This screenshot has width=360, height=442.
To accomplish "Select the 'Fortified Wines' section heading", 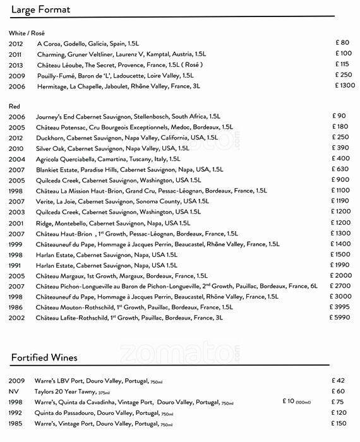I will click(x=44, y=358).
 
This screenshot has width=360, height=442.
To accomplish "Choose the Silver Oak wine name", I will click(x=53, y=148).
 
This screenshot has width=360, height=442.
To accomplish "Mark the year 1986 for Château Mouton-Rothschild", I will click(x=17, y=307).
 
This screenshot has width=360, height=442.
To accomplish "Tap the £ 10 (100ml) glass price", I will click(x=297, y=402).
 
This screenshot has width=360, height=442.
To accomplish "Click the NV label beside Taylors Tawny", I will click(x=14, y=391).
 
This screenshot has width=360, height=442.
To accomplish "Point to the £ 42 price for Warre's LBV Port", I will click(x=340, y=381).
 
